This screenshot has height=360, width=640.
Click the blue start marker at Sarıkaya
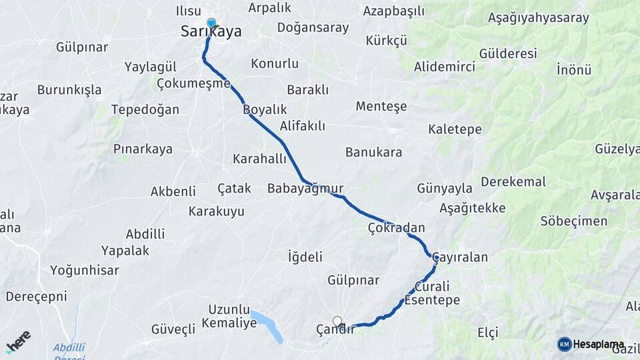(x=211, y=23)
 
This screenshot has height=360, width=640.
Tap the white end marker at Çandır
(x=337, y=321)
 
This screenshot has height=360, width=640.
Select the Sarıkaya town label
(x=211, y=32)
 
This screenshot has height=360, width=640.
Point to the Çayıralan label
(x=460, y=257)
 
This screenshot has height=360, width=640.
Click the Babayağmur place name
(x=305, y=189)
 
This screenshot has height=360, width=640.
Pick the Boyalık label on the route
(x=265, y=109)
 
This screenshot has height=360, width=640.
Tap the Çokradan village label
(x=396, y=228)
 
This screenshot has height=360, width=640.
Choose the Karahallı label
(x=259, y=159)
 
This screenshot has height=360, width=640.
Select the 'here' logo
(x=18, y=341)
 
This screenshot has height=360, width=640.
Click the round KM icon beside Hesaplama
(x=564, y=344)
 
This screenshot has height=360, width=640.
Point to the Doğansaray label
(x=313, y=28)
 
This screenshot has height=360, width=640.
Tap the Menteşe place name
(x=381, y=107)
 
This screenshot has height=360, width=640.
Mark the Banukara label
(x=373, y=153)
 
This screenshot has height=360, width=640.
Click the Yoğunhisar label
(x=85, y=271)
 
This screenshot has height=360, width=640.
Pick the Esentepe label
(x=432, y=301)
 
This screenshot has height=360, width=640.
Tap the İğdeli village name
(x=305, y=257)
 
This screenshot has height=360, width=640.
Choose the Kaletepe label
(x=455, y=129)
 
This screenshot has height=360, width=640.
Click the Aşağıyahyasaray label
(x=539, y=18)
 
